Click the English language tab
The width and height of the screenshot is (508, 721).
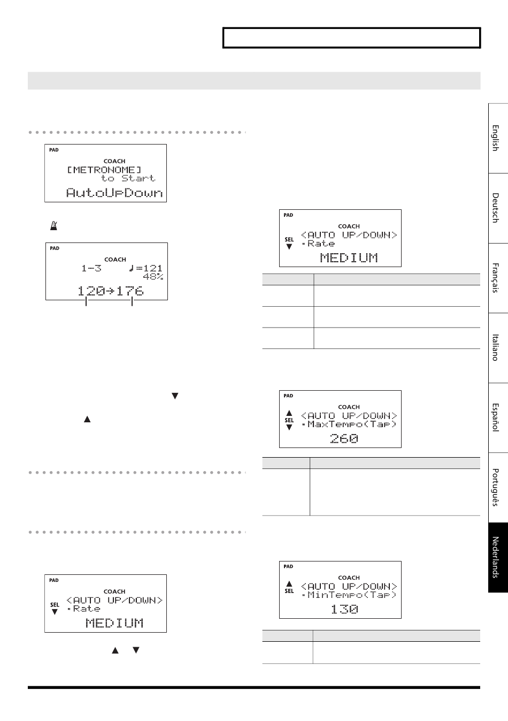498,138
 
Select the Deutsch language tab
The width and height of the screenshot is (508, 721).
498,208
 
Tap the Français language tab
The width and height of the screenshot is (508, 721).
498,278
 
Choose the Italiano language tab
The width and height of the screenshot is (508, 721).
498,347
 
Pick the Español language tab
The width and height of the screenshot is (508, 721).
498,418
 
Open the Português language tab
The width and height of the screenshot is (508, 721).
498,487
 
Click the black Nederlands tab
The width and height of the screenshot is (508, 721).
498,557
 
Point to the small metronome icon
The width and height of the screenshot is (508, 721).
53,226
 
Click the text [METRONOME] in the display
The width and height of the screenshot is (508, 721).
104,170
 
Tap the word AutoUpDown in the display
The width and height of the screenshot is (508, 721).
114,193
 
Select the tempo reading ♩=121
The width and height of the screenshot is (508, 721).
145,268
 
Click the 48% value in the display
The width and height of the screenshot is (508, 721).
153,277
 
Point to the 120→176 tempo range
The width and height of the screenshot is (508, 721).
111,291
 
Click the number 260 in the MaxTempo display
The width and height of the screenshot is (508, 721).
344,438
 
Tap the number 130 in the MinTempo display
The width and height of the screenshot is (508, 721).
344,609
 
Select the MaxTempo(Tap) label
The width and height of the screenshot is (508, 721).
352,424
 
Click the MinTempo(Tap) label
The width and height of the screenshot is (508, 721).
352,595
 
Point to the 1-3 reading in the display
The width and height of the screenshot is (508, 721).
91,268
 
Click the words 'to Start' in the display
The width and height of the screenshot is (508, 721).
128,178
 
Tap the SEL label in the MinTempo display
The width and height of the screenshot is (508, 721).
289,591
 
